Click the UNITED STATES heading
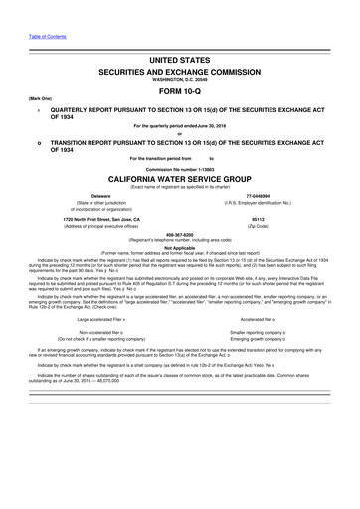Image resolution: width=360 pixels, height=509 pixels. coord(179,61)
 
